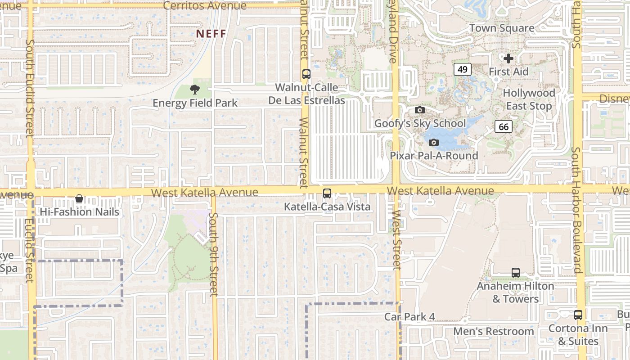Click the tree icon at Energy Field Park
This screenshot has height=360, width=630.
pyautogui.click(x=194, y=89)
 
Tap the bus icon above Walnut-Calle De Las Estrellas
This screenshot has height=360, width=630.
pyautogui.click(x=306, y=74)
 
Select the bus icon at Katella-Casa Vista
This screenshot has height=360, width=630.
pyautogui.click(x=327, y=193)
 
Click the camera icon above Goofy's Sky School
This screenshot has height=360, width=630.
pyautogui.click(x=419, y=110)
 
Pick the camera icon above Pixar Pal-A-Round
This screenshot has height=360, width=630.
pyautogui.click(x=434, y=142)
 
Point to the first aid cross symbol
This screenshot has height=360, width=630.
pyautogui.click(x=508, y=58)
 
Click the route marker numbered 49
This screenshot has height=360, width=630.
pyautogui.click(x=463, y=69)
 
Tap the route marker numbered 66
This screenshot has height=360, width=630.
pyautogui.click(x=504, y=127)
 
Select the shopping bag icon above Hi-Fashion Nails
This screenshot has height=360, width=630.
pyautogui.click(x=79, y=198)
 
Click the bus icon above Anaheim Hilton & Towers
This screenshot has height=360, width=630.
pyautogui.click(x=516, y=273)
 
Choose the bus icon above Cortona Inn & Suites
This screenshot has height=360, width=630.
pyautogui.click(x=578, y=315)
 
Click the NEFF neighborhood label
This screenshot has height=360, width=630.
pyautogui.click(x=211, y=34)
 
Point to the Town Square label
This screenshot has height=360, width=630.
pyautogui.click(x=502, y=28)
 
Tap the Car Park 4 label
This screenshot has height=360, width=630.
pyautogui.click(x=409, y=317)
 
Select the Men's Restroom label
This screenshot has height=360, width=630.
pyautogui.click(x=493, y=332)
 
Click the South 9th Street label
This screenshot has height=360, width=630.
pyautogui.click(x=214, y=254)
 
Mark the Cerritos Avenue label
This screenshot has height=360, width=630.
pyautogui.click(x=205, y=6)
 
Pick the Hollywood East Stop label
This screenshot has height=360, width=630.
pyautogui.click(x=529, y=99)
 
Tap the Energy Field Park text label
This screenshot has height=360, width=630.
pyautogui.click(x=195, y=103)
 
